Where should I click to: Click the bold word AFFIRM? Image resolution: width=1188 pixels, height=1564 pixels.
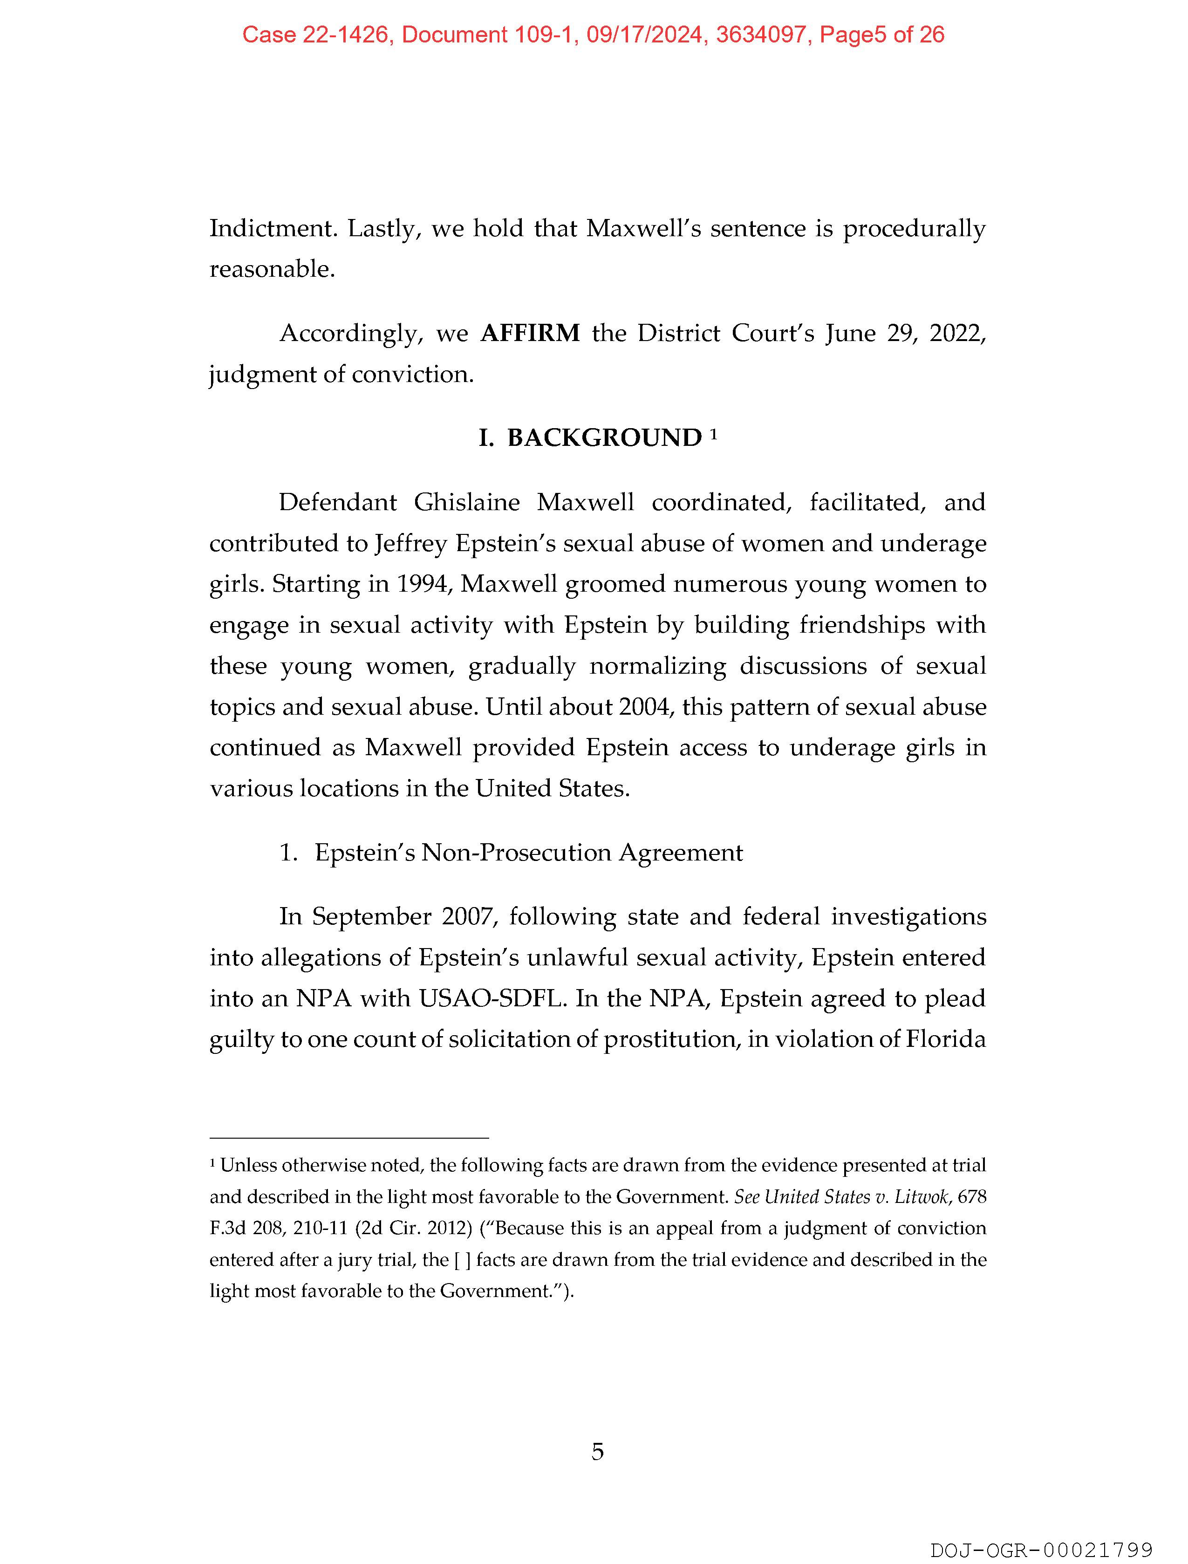(x=530, y=333)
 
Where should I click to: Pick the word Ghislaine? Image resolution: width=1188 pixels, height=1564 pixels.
(x=467, y=503)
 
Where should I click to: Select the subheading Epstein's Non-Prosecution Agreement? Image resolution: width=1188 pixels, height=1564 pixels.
(x=528, y=853)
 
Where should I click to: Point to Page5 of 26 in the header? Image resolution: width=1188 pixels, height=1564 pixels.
(x=881, y=34)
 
